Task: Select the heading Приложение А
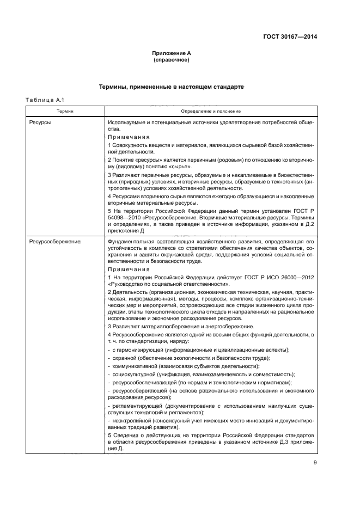click(171, 53)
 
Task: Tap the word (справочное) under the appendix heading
click(171, 60)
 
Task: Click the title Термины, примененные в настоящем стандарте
click(171, 87)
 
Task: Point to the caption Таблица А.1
click(45, 100)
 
